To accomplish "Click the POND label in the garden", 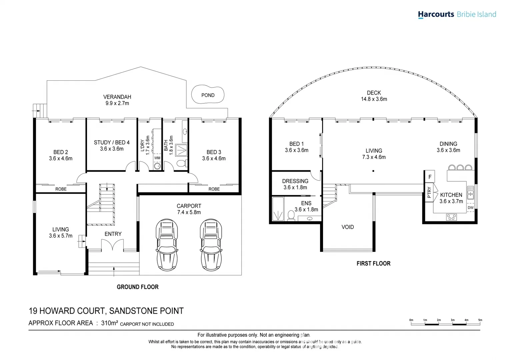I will pyautogui.click(x=208, y=95).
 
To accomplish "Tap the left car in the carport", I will pyautogui.click(x=167, y=245).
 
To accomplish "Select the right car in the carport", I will pyautogui.click(x=211, y=245).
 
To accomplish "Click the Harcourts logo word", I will pyautogui.click(x=436, y=14).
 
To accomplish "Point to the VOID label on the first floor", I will pyautogui.click(x=348, y=227).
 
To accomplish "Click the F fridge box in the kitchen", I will pyautogui.click(x=430, y=177).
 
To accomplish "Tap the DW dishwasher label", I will pyautogui.click(x=470, y=208).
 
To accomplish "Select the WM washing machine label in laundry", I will pyautogui.click(x=157, y=158).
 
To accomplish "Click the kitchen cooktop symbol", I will pyautogui.click(x=451, y=217).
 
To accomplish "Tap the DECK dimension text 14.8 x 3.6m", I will pyautogui.click(x=374, y=99).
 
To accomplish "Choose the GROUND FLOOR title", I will pyautogui.click(x=137, y=287).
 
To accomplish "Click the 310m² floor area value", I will pyautogui.click(x=109, y=323).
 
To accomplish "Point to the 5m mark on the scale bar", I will pyautogui.click(x=480, y=320).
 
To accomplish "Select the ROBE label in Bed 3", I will pyautogui.click(x=214, y=189).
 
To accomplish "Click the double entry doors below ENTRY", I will pyautogui.click(x=113, y=245).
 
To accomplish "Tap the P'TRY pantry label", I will pyautogui.click(x=429, y=193).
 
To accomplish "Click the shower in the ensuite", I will pyautogui.click(x=278, y=209).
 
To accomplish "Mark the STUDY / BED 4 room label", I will pyautogui.click(x=112, y=143).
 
